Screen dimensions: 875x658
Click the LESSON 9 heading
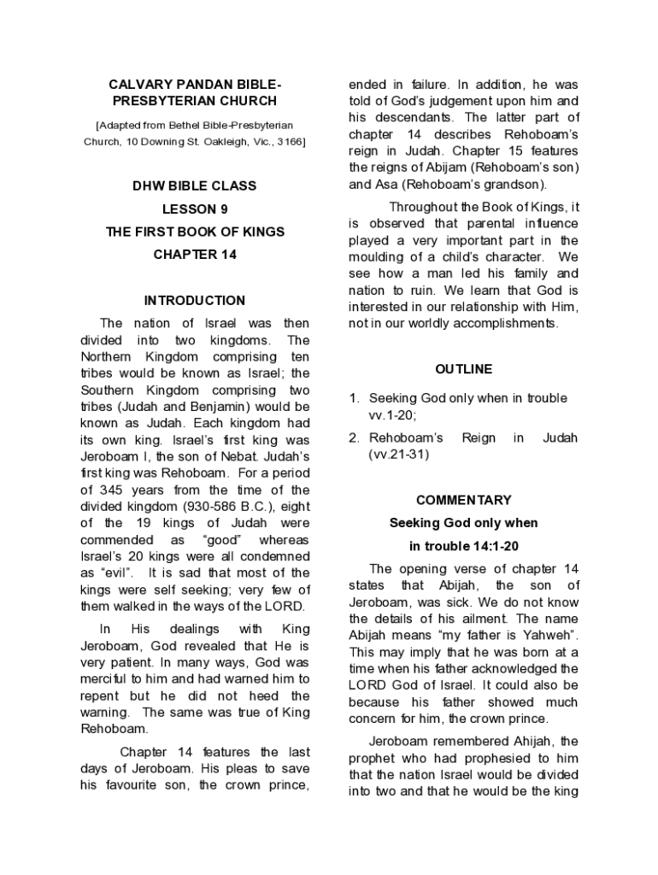[x=194, y=208]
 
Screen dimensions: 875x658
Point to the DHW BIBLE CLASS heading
[x=194, y=185]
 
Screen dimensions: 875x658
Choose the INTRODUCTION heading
[x=194, y=301]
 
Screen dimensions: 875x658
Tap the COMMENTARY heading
[x=463, y=500]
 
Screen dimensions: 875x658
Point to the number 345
[x=116, y=490]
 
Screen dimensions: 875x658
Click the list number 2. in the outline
[x=353, y=437]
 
